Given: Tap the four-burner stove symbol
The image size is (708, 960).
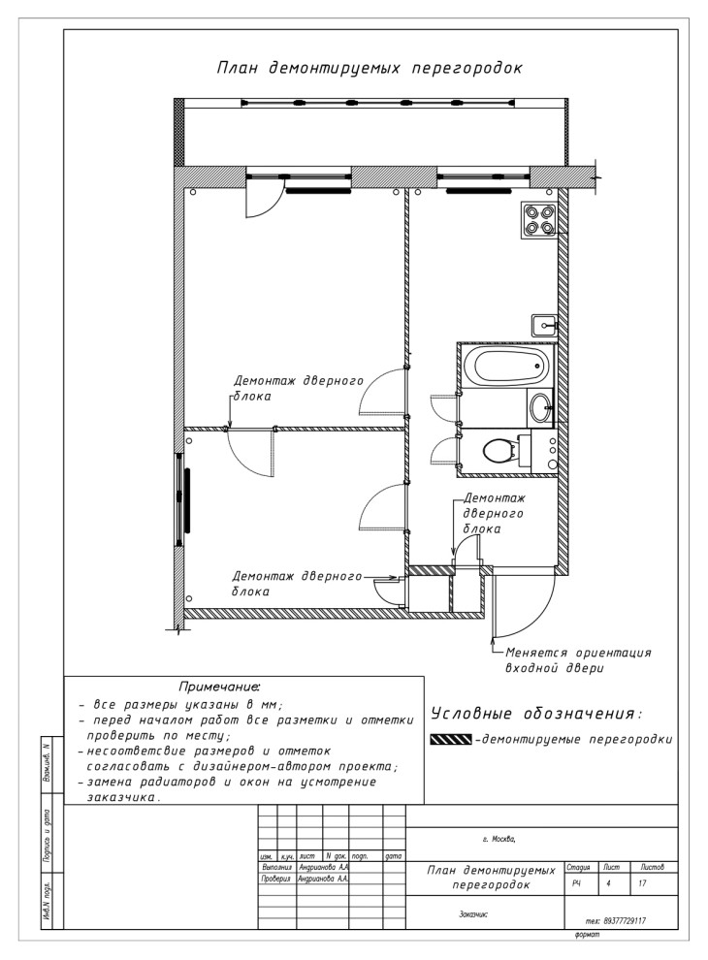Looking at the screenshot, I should pyautogui.click(x=540, y=219).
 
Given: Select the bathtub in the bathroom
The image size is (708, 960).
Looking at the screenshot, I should pyautogui.click(x=505, y=367).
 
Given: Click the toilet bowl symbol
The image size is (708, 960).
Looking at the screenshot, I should pyautogui.click(x=501, y=451).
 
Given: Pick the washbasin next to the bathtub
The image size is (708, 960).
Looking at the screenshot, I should pyautogui.click(x=540, y=406).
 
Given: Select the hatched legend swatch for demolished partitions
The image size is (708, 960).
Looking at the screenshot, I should pyautogui.click(x=450, y=740).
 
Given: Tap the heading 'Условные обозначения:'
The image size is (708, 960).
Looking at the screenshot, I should pyautogui.click(x=535, y=715).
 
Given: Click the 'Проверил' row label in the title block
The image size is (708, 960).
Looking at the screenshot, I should pyautogui.click(x=276, y=879).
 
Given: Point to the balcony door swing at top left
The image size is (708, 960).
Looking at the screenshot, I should pyautogui.click(x=260, y=204).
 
